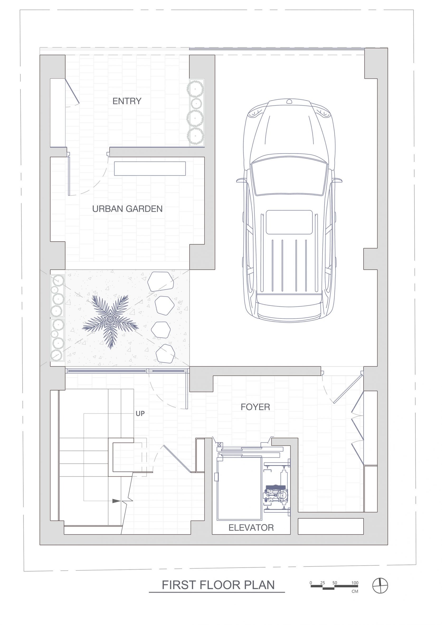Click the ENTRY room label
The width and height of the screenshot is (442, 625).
click(127, 101)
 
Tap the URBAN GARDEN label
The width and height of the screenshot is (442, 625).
click(127, 209)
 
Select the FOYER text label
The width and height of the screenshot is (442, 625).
click(255, 407)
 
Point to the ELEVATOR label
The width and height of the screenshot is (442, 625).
click(251, 528)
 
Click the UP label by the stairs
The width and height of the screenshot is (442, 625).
click(140, 414)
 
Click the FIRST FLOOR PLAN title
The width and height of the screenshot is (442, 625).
click(218, 585)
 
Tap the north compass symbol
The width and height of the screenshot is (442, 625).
click(380, 586)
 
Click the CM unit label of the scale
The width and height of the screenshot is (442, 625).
click(355, 591)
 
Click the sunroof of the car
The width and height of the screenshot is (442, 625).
click(289, 222)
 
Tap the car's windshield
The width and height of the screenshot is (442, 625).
click(289, 177)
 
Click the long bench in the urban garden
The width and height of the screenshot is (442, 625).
click(150, 168)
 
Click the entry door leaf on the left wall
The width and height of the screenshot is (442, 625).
click(72, 91)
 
